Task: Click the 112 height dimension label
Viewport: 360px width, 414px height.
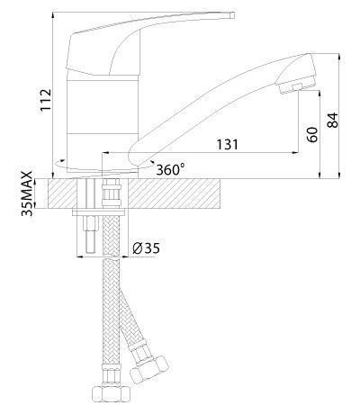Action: pyautogui.click(x=46, y=100)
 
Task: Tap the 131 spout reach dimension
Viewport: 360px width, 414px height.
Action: pyautogui.click(x=228, y=145)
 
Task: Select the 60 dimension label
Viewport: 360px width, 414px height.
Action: pyautogui.click(x=312, y=135)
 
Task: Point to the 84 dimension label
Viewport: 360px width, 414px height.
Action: pyautogui.click(x=332, y=120)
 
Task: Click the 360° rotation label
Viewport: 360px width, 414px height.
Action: pyautogui.click(x=170, y=170)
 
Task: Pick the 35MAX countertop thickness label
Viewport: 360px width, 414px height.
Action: pyautogui.click(x=27, y=193)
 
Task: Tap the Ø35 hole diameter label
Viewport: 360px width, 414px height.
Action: pyautogui.click(x=146, y=248)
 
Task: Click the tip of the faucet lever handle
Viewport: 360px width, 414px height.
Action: pyautogui.click(x=232, y=15)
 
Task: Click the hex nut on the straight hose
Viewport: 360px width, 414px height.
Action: pyautogui.click(x=111, y=393)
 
